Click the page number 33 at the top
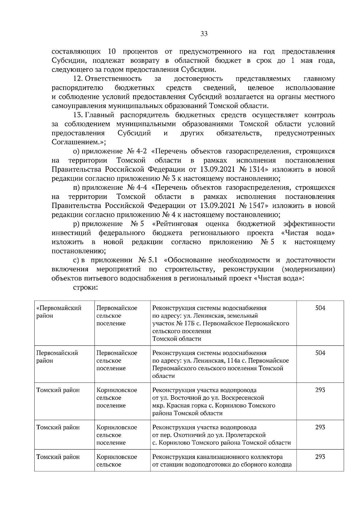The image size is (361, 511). [204, 34]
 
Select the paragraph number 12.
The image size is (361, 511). [78, 79]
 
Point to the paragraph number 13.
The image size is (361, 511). [78, 115]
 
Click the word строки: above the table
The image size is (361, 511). [86, 287]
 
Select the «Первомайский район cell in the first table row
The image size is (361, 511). [59, 312]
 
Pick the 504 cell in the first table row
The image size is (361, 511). [320, 308]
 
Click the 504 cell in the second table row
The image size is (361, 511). [320, 353]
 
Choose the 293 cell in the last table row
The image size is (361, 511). [320, 457]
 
